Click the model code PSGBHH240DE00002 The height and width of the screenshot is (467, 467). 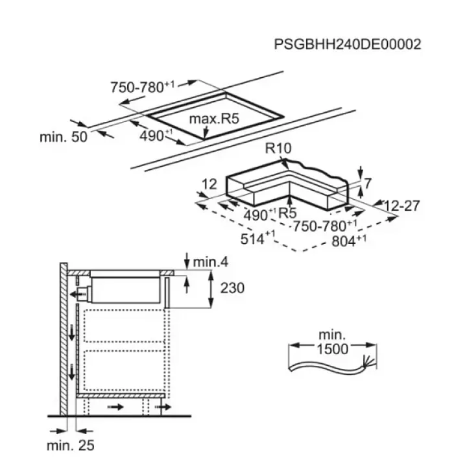coord(347,44)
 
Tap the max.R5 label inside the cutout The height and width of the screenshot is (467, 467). coord(214,119)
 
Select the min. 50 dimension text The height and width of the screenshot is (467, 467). coord(64,137)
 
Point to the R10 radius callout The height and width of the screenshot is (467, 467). coord(278,148)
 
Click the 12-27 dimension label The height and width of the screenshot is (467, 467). coord(401,206)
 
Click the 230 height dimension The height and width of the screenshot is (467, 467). coord(232,288)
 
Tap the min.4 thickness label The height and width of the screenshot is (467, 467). coord(211,262)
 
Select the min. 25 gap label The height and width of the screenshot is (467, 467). coord(71,446)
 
